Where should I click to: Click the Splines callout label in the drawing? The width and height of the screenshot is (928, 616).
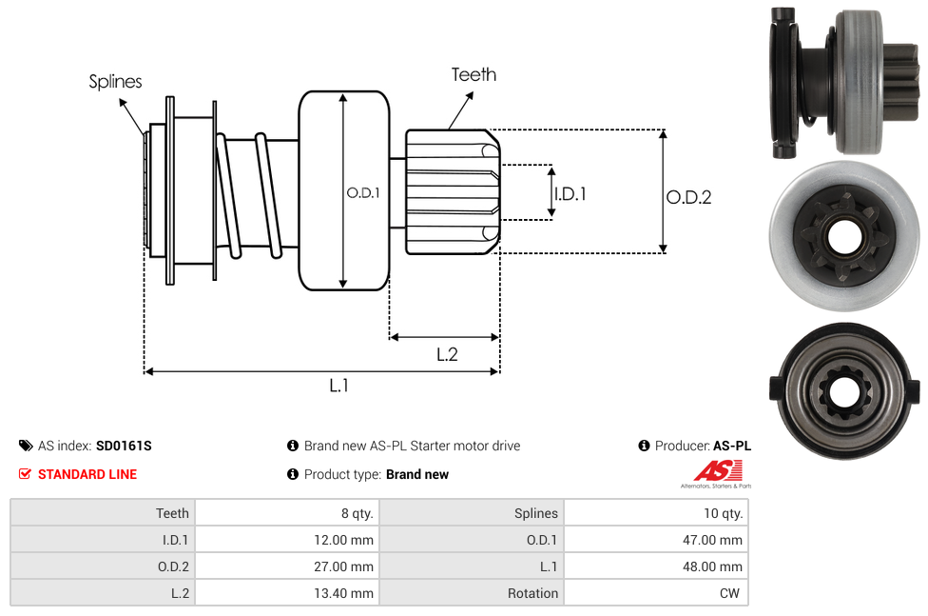(115, 82)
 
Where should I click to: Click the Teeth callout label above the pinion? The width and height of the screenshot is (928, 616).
(474, 74)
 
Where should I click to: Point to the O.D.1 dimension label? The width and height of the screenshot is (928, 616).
(363, 192)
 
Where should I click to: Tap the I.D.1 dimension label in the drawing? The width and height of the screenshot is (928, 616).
(570, 193)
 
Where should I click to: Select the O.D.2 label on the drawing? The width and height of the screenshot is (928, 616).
(688, 197)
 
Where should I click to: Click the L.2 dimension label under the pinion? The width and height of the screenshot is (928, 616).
(447, 354)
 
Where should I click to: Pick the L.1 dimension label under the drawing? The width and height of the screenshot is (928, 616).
(339, 386)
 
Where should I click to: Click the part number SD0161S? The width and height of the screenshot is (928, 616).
(124, 446)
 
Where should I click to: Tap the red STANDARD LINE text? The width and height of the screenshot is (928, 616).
(87, 474)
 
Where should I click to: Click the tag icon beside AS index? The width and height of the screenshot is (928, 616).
(26, 446)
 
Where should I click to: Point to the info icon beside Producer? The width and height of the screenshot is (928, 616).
(644, 446)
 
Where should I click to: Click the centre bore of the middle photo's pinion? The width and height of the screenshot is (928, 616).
(842, 237)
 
